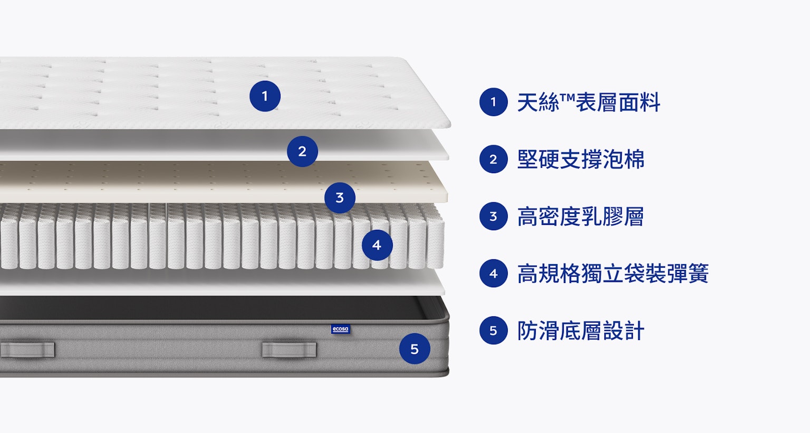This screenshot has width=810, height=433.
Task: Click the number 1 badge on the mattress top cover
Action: [265, 96]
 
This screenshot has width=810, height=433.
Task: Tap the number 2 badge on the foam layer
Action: [302, 152]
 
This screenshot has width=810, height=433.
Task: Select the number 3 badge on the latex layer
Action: [340, 197]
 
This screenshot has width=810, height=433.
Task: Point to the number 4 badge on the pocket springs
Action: [377, 245]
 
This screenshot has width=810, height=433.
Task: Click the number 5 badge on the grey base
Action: [414, 349]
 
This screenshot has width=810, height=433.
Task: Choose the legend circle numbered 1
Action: [494, 102]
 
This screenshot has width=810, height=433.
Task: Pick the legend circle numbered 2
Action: [494, 159]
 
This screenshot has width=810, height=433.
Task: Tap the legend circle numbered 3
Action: [494, 216]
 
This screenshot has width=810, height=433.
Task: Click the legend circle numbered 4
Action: [494, 274]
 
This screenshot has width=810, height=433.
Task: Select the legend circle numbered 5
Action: [494, 331]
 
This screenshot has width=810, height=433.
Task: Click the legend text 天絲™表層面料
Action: [589, 102]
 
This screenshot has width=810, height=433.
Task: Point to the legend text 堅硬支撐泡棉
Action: [581, 159]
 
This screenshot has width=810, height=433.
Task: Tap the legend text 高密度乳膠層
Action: [581, 216]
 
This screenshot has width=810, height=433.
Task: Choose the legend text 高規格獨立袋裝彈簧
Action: [613, 274]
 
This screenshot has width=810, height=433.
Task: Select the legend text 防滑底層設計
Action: [581, 331]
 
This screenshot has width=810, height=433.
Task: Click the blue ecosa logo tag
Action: [340, 329]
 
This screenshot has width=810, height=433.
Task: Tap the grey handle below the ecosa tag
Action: [289, 350]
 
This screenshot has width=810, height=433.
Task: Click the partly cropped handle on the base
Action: [27, 350]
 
